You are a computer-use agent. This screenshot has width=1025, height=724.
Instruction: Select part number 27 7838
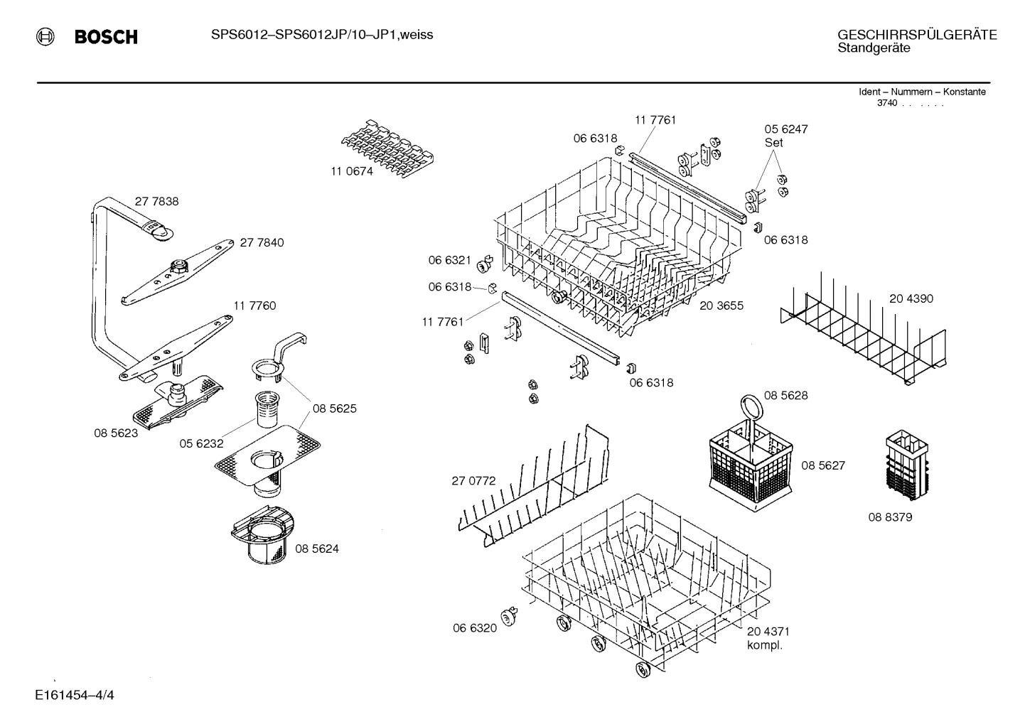tap(157, 202)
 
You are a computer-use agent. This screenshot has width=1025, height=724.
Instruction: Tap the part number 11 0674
tap(351, 172)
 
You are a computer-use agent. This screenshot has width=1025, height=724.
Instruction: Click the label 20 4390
tap(911, 299)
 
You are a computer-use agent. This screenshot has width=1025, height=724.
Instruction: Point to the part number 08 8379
tap(889, 517)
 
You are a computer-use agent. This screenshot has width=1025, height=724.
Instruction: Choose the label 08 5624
tap(316, 549)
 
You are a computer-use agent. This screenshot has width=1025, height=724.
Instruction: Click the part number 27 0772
tap(473, 481)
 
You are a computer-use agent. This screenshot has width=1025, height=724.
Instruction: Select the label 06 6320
tap(475, 628)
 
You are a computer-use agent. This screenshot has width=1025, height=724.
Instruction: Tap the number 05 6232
tap(201, 444)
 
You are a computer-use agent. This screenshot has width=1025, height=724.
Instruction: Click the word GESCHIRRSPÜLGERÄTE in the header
tap(917, 35)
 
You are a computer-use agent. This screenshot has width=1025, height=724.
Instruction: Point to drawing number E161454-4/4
tap(74, 694)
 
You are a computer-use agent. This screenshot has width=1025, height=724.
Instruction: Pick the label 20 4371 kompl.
tap(768, 638)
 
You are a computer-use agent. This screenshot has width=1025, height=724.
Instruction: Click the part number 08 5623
tap(116, 433)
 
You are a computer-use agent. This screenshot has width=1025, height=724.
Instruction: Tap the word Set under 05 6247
tap(773, 142)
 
